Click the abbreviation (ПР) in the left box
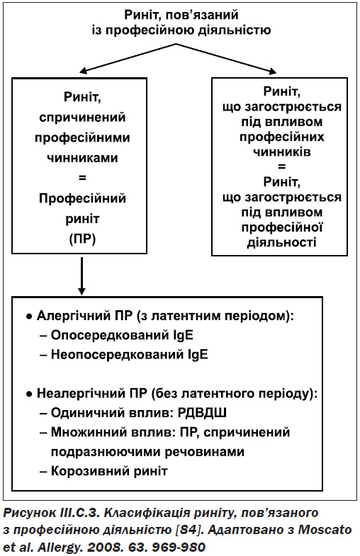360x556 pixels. pyautogui.click(x=82, y=239)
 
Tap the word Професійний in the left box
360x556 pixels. pyautogui.click(x=82, y=198)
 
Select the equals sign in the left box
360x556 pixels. pyautogui.click(x=82, y=178)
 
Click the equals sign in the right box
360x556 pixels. pyautogui.click(x=282, y=166)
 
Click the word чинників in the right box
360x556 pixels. pyautogui.click(x=282, y=152)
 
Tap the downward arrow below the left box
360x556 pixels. pyautogui.click(x=82, y=276)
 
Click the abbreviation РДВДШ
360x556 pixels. pyautogui.click(x=202, y=413)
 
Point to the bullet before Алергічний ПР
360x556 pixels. pyautogui.click(x=29, y=317)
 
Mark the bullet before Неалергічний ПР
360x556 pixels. pyautogui.click(x=29, y=394)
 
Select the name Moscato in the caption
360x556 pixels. pyautogui.click(x=325, y=530)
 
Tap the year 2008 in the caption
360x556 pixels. pyautogui.click(x=103, y=547)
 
